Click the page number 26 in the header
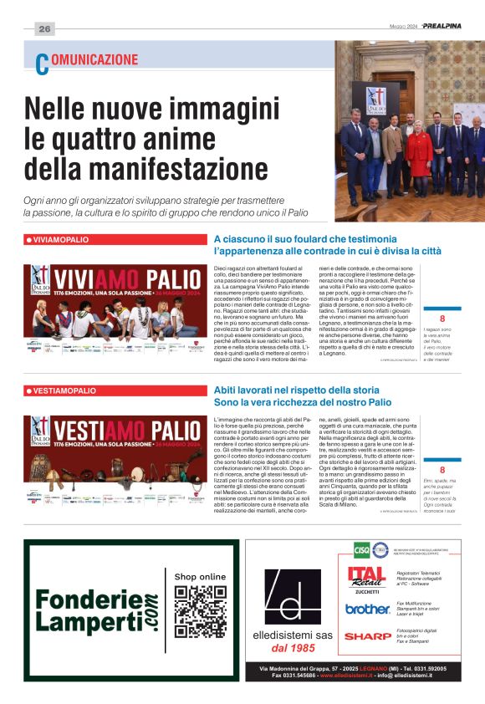44,28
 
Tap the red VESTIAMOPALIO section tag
61,390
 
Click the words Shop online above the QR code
200,577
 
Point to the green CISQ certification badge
361,550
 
